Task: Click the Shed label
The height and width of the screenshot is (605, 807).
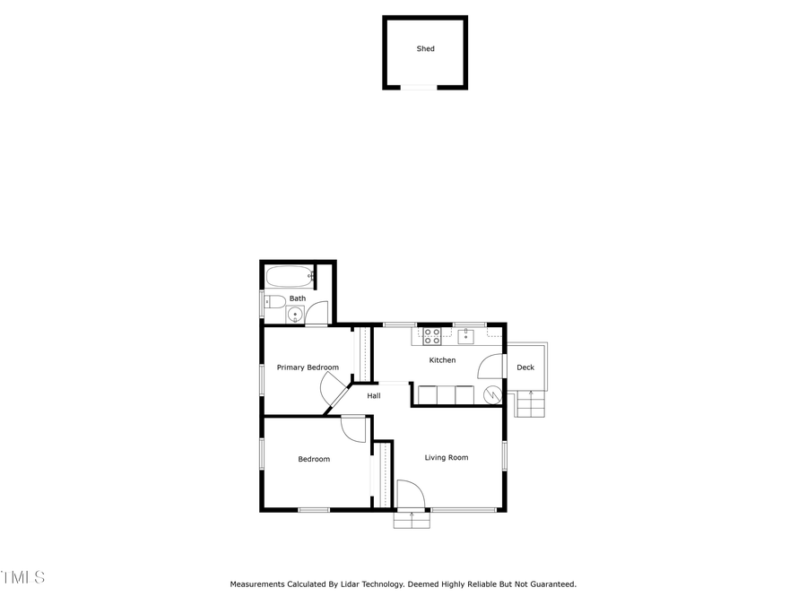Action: point(425,48)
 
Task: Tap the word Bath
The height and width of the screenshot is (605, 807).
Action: point(297,298)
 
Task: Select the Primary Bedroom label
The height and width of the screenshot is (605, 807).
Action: point(308,367)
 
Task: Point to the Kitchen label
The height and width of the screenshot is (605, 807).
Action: point(442,360)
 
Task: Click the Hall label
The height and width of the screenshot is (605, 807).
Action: point(374,395)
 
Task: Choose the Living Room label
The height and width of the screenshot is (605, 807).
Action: point(447,458)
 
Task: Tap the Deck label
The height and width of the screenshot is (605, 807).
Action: point(525,367)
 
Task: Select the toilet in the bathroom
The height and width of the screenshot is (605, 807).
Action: point(273,301)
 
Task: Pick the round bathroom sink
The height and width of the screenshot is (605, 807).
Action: point(295,314)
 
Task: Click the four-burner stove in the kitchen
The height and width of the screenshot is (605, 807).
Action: point(431,336)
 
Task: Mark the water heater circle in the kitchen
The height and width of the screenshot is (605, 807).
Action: point(491,394)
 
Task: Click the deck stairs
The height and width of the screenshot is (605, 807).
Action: point(530,405)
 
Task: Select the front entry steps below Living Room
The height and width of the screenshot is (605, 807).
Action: point(411,519)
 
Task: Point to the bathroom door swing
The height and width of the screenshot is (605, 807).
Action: point(317,314)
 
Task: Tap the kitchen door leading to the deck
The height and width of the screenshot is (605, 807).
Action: point(491,367)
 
